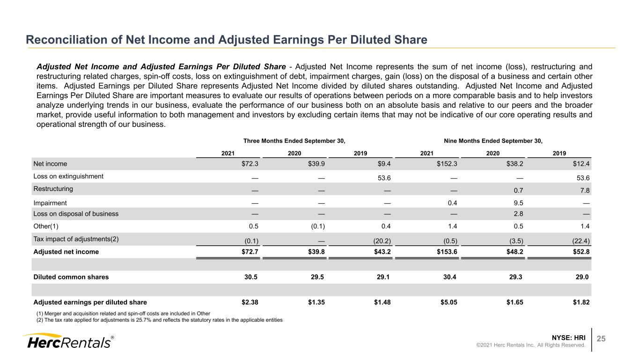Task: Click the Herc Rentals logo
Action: click(68, 341)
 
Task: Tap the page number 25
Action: click(601, 338)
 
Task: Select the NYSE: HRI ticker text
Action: click(568, 338)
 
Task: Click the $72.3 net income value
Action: click(250, 164)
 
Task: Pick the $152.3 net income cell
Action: click(447, 164)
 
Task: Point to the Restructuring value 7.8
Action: click(585, 191)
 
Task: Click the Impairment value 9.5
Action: click(518, 203)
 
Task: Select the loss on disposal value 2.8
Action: click(518, 214)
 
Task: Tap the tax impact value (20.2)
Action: click(382, 241)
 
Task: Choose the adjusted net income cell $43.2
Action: click(382, 252)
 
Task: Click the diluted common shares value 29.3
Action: click(516, 277)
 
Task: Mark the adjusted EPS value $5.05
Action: click(449, 302)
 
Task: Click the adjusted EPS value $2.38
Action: click(250, 302)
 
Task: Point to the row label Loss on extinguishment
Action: click(68, 176)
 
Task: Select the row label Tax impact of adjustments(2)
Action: click(76, 239)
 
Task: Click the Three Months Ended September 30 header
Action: click(294, 141)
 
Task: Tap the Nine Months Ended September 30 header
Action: click(493, 141)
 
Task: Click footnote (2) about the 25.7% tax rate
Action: click(159, 320)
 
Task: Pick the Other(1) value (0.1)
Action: click(317, 227)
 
